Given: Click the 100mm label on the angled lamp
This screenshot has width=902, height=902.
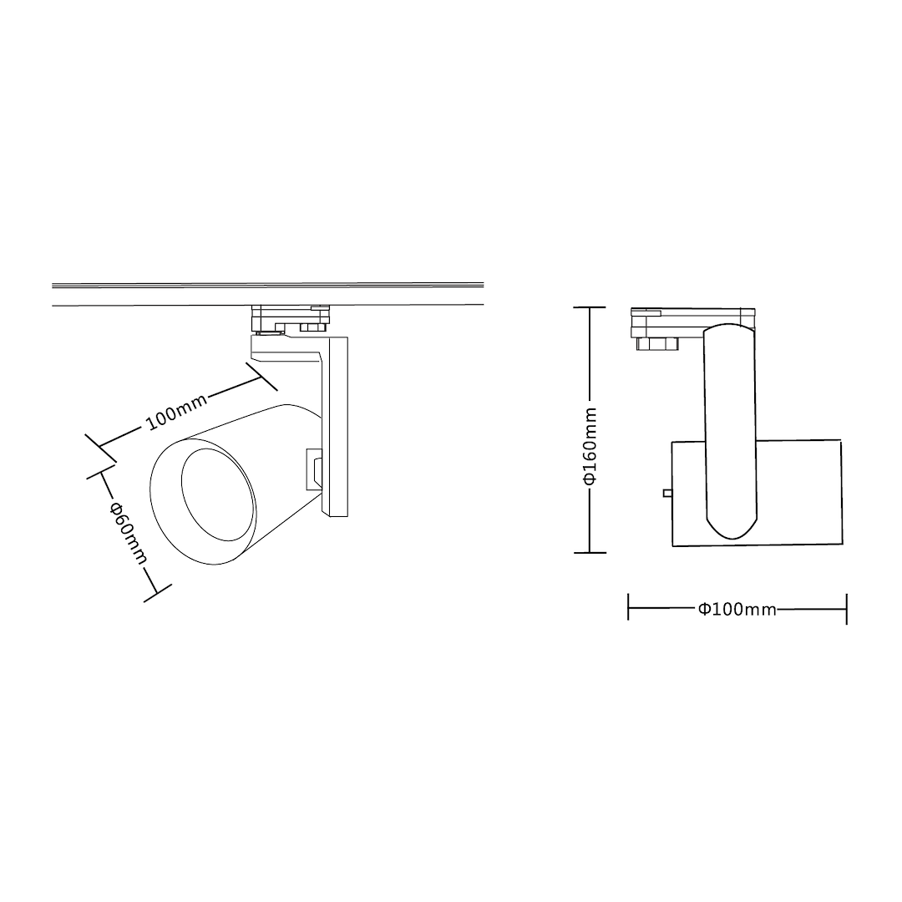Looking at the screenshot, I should click(x=177, y=411).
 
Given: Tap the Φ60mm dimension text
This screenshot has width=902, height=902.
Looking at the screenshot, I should click(x=128, y=533).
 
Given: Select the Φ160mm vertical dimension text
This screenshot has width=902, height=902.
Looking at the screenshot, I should click(x=590, y=446).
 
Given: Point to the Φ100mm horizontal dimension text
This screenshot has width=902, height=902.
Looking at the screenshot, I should click(x=737, y=609).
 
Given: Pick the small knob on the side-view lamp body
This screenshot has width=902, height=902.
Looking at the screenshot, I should click(x=667, y=493).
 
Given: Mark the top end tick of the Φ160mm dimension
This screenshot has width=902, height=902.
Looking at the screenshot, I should click(x=590, y=308).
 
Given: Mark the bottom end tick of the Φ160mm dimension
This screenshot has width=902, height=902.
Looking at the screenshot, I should click(x=590, y=552).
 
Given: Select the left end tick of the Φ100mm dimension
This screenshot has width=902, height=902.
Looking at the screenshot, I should click(x=629, y=608).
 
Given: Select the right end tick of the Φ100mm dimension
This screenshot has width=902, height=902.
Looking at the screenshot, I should click(x=846, y=608).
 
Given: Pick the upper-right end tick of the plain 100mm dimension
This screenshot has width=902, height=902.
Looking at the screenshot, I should click(x=261, y=377).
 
